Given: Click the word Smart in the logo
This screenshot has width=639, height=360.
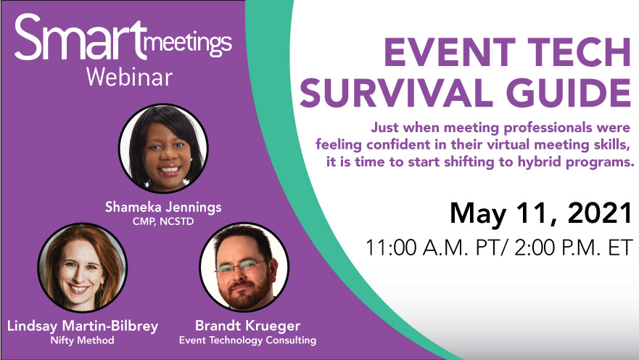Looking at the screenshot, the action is click(81, 38).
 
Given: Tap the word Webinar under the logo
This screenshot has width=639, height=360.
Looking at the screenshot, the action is click(130, 78).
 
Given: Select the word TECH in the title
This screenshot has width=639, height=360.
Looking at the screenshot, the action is click(576, 52).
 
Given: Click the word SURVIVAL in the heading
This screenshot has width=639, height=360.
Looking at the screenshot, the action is click(397, 93).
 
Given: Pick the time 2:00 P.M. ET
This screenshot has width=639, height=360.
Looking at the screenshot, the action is click(573, 247).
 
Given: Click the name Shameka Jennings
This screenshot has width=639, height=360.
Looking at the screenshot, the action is click(163, 208).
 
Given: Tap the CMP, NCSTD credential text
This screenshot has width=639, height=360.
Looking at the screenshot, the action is click(163, 222).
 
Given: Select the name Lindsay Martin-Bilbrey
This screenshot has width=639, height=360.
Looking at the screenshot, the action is click(83, 326).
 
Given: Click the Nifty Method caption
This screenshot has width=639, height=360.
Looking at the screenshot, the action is click(82, 340).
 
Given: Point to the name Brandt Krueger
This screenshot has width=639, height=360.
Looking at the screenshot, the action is click(247, 326).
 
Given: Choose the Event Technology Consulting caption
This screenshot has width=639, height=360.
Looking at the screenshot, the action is click(247, 340).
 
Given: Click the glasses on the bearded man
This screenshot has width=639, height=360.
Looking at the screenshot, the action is click(242, 267).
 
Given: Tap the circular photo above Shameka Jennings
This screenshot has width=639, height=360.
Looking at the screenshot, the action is click(163, 148).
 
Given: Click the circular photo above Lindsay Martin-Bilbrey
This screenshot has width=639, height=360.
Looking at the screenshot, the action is click(82, 267).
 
